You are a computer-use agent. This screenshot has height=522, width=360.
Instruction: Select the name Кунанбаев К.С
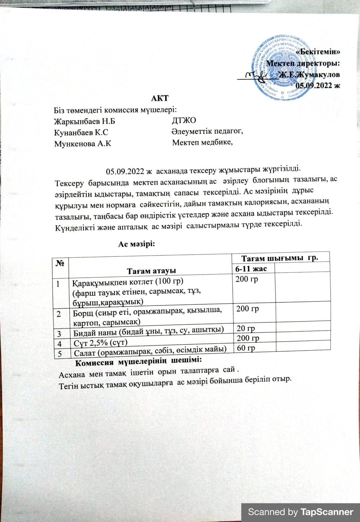[x=81, y=132]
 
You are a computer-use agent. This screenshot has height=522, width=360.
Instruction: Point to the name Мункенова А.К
[x=82, y=143]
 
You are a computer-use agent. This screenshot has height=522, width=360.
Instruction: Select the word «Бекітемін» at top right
[x=318, y=52]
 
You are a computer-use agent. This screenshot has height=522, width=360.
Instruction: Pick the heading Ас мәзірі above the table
[x=137, y=244]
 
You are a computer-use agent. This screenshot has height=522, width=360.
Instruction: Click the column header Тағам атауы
[x=151, y=270]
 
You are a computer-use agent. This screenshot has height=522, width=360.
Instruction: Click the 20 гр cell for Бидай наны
[x=245, y=329]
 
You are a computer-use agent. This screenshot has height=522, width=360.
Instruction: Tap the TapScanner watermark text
[x=301, y=512]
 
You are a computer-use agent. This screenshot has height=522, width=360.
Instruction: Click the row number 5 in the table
[x=59, y=352]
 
